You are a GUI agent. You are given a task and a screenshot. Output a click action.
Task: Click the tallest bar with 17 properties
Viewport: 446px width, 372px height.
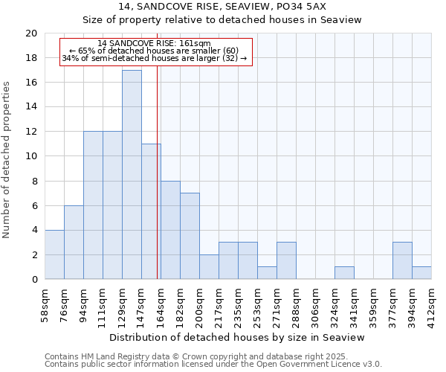click(132, 175)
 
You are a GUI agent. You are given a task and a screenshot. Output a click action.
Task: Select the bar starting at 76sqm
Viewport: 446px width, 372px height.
click(74, 243)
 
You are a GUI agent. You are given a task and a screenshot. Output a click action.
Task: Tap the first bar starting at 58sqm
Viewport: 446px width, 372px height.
click(54, 254)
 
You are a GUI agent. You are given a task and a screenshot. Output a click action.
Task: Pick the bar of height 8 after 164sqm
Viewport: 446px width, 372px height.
click(170, 230)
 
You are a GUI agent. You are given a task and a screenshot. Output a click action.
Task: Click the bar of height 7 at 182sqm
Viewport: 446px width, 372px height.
click(190, 236)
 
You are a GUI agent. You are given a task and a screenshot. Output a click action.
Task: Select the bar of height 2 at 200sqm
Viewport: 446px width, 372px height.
click(209, 267)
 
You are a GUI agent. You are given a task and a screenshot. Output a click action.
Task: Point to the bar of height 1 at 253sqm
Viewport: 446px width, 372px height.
click(267, 273)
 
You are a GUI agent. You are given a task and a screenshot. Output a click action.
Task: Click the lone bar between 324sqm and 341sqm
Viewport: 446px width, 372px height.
click(344, 273)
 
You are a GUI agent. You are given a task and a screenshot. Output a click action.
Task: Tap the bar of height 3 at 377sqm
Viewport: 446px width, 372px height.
click(402, 260)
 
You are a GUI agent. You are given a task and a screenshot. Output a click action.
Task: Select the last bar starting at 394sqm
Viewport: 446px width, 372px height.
click(421, 273)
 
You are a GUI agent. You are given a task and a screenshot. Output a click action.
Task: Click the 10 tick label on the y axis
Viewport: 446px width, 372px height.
click(30, 156)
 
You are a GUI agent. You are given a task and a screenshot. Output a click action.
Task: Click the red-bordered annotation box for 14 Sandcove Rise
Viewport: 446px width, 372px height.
click(156, 51)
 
